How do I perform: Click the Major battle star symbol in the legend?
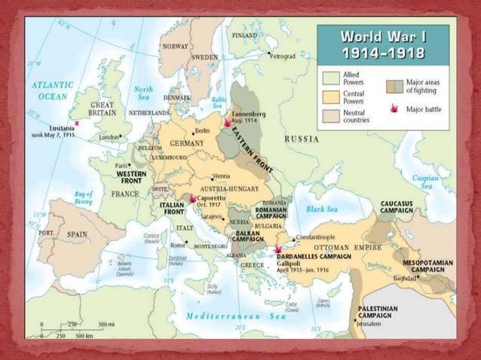click(x=394, y=110)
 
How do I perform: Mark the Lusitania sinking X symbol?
click(x=76, y=121)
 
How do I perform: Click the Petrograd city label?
click(x=283, y=56)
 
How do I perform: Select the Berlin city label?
click(x=201, y=131)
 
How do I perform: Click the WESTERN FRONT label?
click(x=131, y=177)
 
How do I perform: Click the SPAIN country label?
click(x=77, y=234)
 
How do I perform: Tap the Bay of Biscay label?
click(x=84, y=198)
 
